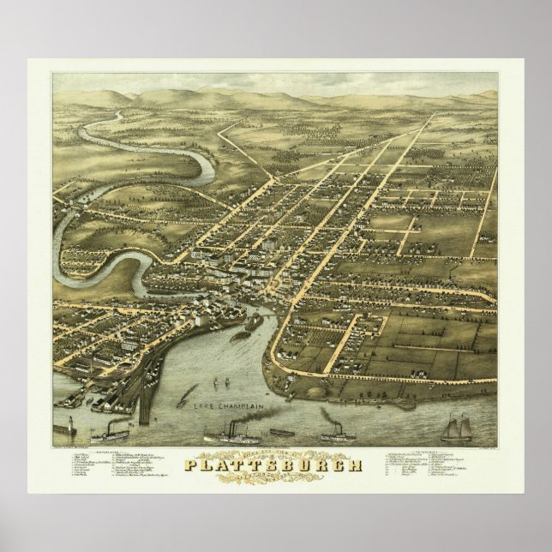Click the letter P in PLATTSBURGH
click(191, 465)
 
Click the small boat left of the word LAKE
click(185, 399)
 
